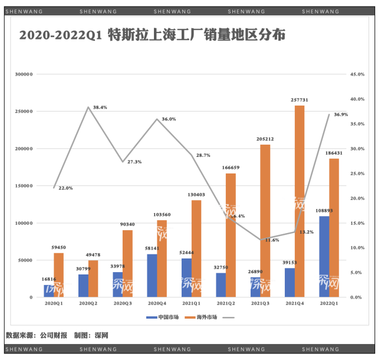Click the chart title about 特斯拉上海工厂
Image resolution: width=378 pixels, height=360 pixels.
point(152,35)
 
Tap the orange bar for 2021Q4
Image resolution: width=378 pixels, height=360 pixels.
point(300,201)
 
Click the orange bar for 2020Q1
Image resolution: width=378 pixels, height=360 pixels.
point(58,275)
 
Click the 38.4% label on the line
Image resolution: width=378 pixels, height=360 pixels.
point(100,107)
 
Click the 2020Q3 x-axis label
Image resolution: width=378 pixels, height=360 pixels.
point(123,303)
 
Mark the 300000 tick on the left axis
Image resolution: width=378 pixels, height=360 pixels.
point(24,74)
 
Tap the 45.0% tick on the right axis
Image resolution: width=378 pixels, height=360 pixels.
point(358,74)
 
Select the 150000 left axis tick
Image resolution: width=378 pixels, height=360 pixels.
point(24,186)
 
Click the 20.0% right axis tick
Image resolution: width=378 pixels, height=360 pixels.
point(358,198)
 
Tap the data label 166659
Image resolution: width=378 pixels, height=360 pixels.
point(231,168)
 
